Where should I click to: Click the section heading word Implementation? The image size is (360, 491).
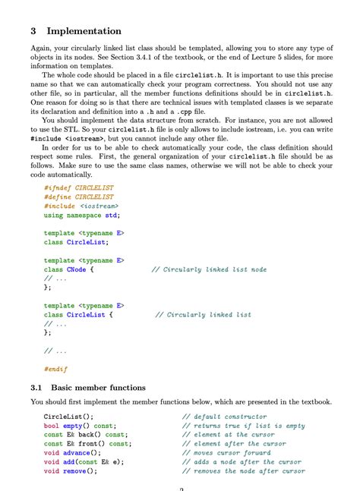(x=84, y=32)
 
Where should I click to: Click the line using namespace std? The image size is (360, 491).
(x=82, y=215)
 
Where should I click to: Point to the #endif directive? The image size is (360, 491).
(x=55, y=369)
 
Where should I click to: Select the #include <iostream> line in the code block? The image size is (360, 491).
(x=81, y=205)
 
